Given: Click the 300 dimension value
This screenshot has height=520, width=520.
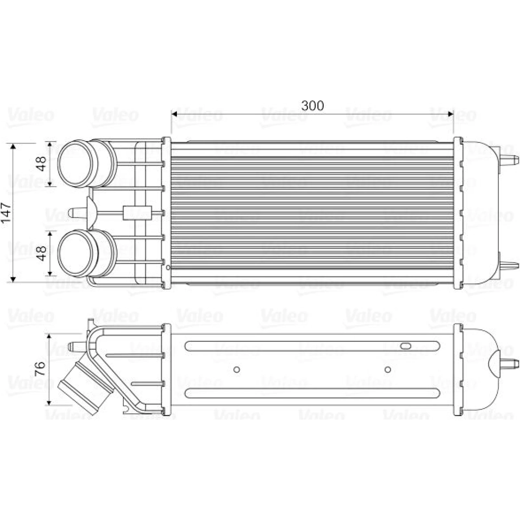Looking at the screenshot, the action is pos(312,106).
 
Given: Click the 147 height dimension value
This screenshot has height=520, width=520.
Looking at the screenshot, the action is pos(6,213).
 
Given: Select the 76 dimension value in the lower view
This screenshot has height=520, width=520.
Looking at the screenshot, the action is pos(40,369).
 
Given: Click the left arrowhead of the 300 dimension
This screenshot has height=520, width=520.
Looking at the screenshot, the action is pos(174,114).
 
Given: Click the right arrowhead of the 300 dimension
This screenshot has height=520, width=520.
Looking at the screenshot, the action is pos(450,114).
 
